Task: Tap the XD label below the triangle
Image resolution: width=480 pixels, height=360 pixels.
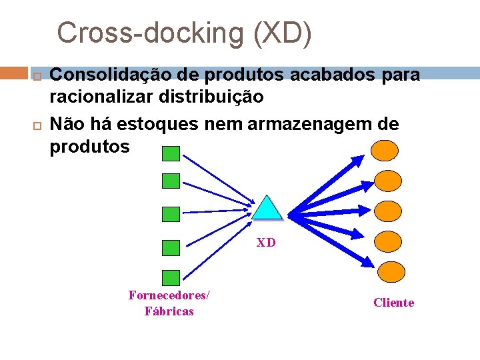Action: pos(266,243)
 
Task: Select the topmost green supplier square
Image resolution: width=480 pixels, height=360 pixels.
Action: pos(171,154)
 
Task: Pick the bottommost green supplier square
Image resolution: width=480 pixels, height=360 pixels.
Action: pos(171,277)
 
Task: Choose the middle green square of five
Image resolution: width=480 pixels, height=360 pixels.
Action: pos(171,214)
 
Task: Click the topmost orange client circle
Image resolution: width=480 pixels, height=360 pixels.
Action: pos(385,150)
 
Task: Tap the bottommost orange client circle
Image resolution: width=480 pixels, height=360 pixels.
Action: pos(391,271)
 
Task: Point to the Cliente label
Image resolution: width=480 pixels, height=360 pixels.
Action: pos(393,303)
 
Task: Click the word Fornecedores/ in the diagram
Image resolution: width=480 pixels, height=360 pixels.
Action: pos(169,295)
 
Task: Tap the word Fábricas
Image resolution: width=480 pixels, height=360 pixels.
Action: pos(169,311)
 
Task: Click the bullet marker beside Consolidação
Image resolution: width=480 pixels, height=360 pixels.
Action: pos(37,75)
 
